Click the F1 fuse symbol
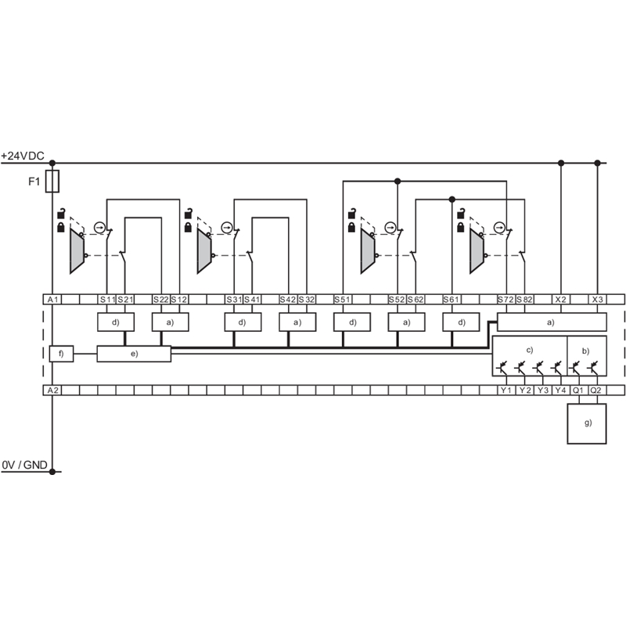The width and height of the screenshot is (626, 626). [52, 182]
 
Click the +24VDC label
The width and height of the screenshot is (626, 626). [23, 156]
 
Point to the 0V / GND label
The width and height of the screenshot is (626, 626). [25, 465]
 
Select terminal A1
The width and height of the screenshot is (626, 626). [52, 300]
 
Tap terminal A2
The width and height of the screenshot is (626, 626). [52, 390]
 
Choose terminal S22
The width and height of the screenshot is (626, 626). [161, 300]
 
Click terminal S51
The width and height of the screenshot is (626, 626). [343, 300]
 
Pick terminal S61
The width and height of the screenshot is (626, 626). [452, 300]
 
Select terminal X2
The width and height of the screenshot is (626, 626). [560, 300]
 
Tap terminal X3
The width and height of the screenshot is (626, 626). [597, 300]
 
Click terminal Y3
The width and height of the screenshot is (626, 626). [542, 390]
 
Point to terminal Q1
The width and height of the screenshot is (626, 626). [578, 390]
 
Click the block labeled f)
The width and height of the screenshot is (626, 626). [61, 354]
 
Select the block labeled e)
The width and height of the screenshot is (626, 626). [134, 354]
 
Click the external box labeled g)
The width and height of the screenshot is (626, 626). [587, 423]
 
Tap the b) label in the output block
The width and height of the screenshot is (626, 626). [585, 351]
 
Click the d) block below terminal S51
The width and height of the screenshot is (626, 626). [352, 322]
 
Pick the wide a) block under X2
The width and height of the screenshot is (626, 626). [552, 322]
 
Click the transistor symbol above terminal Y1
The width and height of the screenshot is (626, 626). [502, 367]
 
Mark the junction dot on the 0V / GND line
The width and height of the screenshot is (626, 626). [52, 472]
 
